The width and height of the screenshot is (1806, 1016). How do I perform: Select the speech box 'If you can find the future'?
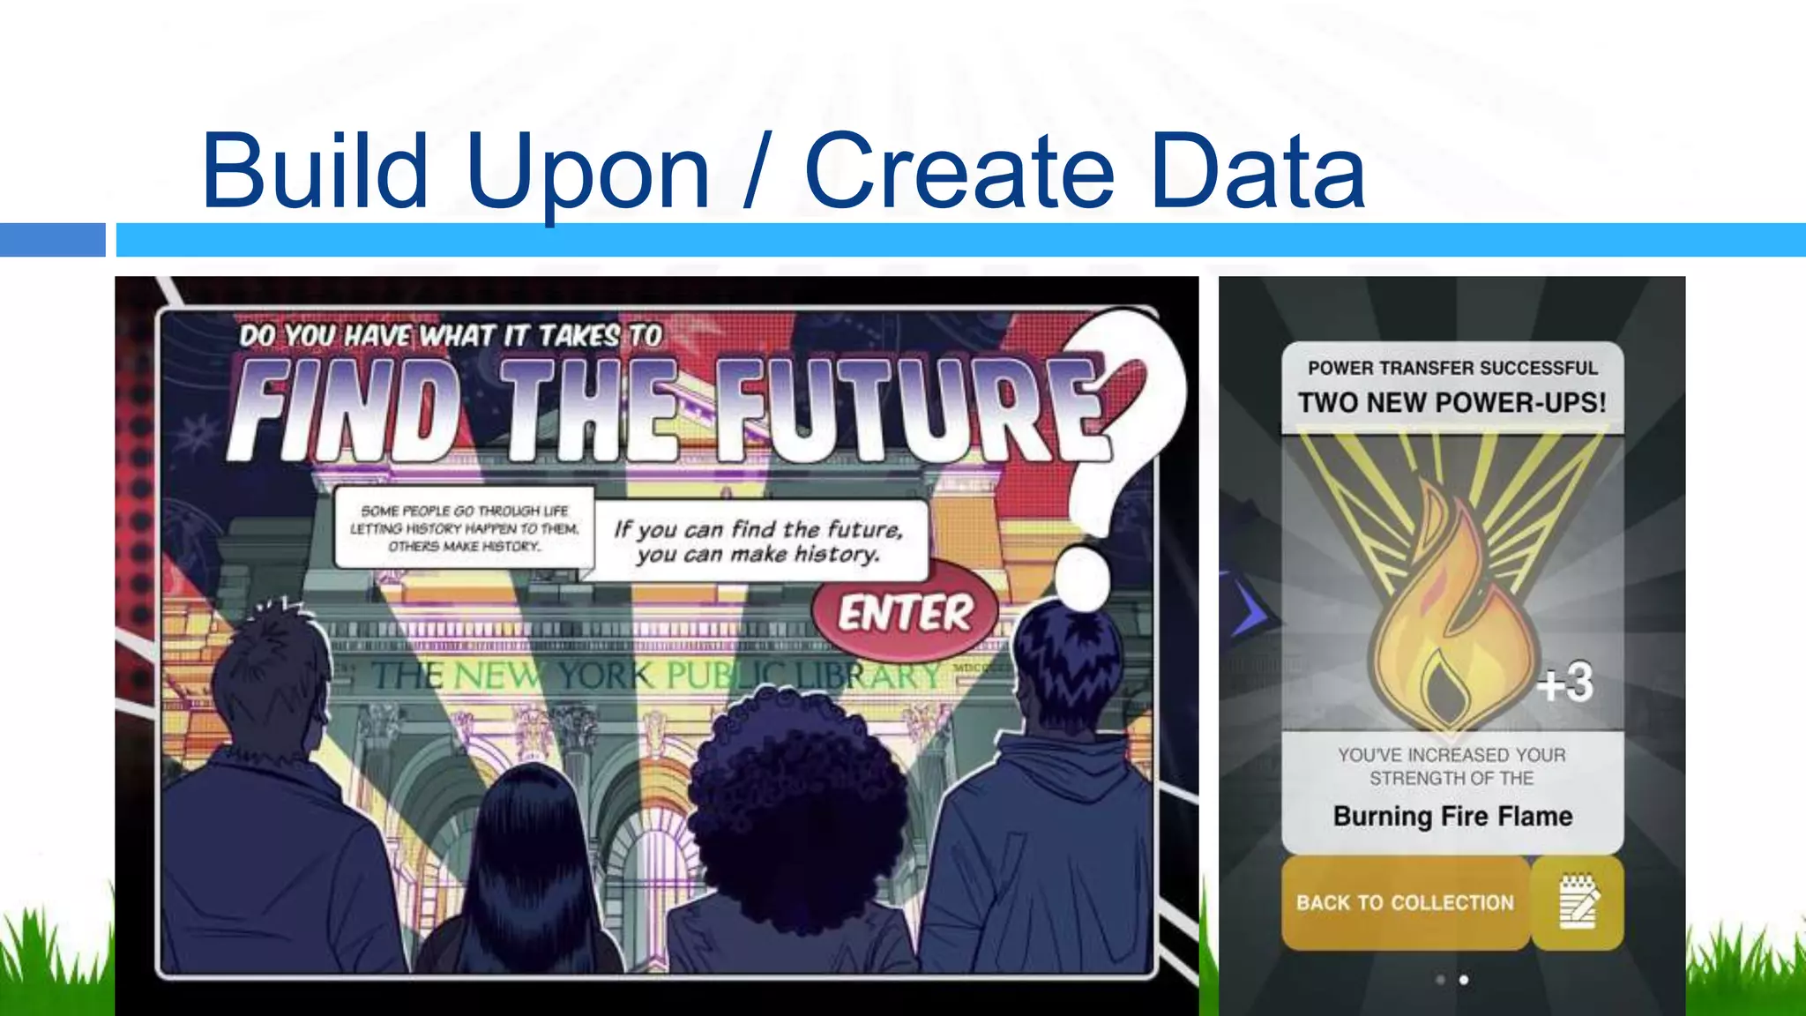(760, 542)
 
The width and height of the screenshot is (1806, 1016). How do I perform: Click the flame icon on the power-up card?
(1451, 617)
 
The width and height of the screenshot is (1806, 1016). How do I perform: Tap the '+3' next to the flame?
(1565, 683)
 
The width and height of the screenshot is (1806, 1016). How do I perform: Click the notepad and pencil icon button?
(1578, 902)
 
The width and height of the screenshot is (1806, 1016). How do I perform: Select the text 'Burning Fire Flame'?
(1452, 817)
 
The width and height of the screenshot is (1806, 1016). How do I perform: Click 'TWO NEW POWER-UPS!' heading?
(1452, 403)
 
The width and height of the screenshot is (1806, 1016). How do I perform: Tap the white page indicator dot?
(1464, 980)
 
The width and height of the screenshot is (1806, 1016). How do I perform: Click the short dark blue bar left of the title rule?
(52, 240)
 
